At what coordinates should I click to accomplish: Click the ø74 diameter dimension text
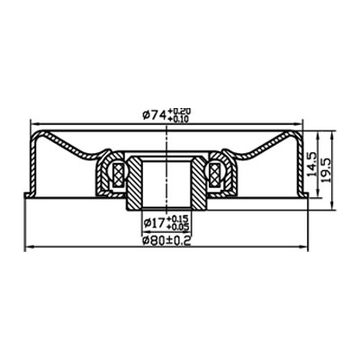click(x=155, y=114)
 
